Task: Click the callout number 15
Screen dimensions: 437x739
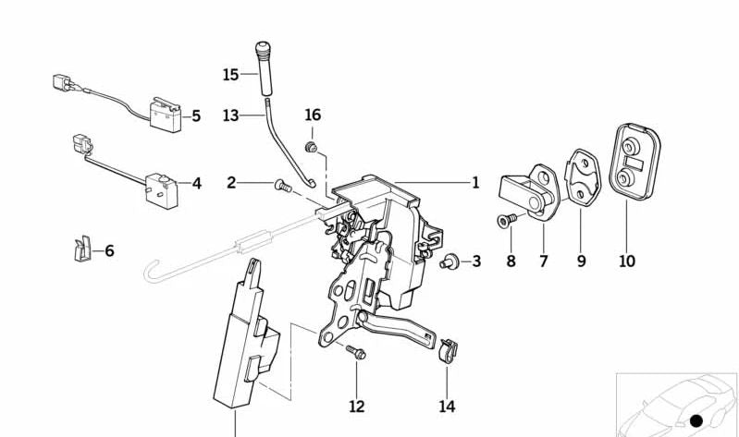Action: pos(230,73)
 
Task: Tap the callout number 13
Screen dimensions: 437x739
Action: pos(230,115)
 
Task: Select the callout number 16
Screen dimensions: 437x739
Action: pos(313,115)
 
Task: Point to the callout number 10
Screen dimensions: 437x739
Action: pos(627,261)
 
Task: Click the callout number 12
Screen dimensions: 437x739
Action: pos(356,406)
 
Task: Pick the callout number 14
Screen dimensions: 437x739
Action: pos(447,406)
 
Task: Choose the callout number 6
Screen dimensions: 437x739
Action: pos(109,250)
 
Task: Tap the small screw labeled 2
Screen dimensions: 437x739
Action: pos(282,187)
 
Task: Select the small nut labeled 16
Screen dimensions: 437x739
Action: pos(314,145)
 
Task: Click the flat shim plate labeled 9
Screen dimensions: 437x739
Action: pos(581,182)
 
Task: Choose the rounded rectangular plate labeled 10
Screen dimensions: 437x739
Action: pos(635,162)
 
